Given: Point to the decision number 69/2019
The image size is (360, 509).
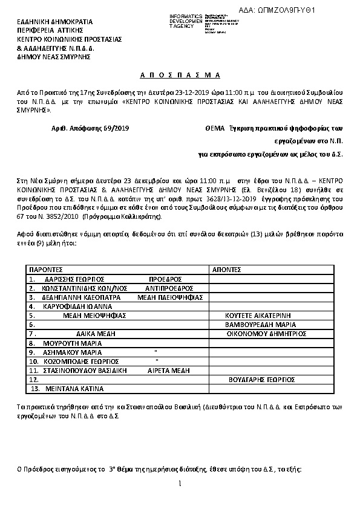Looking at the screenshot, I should click(115, 129).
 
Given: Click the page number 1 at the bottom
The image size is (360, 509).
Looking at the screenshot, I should click(180, 484).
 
